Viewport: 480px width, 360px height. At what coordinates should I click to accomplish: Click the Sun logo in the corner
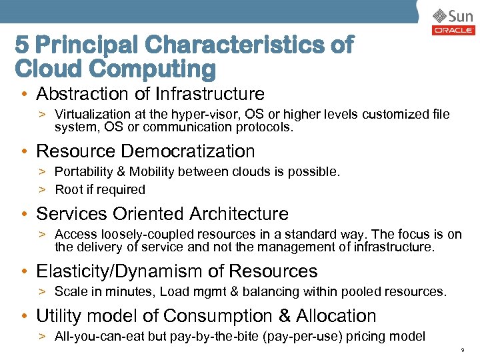click(x=453, y=15)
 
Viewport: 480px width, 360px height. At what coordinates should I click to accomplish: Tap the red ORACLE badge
click(x=453, y=30)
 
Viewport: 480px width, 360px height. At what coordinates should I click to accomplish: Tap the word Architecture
click(x=239, y=214)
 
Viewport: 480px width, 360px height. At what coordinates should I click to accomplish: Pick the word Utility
click(x=57, y=316)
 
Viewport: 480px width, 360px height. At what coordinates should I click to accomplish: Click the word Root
click(x=68, y=189)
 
